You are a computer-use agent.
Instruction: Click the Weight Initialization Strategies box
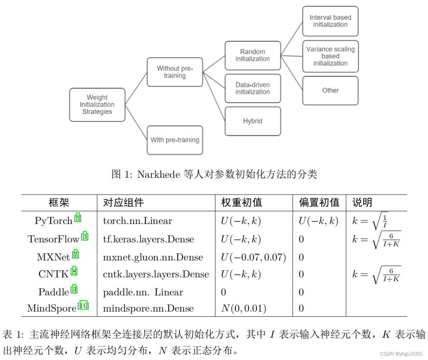tap(97, 105)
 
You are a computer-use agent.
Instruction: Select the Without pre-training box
tap(175, 72)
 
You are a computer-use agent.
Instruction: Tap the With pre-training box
tap(175, 140)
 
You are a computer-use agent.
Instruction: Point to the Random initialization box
tap(253, 55)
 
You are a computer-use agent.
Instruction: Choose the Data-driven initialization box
tap(253, 88)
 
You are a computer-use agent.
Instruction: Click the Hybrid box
tap(253, 121)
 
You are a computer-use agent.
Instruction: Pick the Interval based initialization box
tap(330, 21)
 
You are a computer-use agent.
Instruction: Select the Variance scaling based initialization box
tap(330, 56)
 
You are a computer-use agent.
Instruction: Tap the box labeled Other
tap(330, 91)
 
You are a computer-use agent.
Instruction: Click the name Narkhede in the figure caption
tap(159, 174)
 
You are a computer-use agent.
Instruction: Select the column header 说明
tap(362, 203)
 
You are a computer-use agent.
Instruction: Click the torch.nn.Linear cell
tap(138, 221)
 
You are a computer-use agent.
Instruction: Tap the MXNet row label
tap(53, 257)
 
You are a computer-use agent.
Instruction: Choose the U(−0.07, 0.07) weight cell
tap(253, 257)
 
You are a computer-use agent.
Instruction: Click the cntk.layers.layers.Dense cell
tap(156, 274)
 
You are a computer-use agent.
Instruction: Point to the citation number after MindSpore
tap(84, 306)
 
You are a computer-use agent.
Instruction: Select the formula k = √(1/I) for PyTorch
tap(370, 221)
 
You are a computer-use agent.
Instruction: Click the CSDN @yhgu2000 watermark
tap(401, 354)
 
